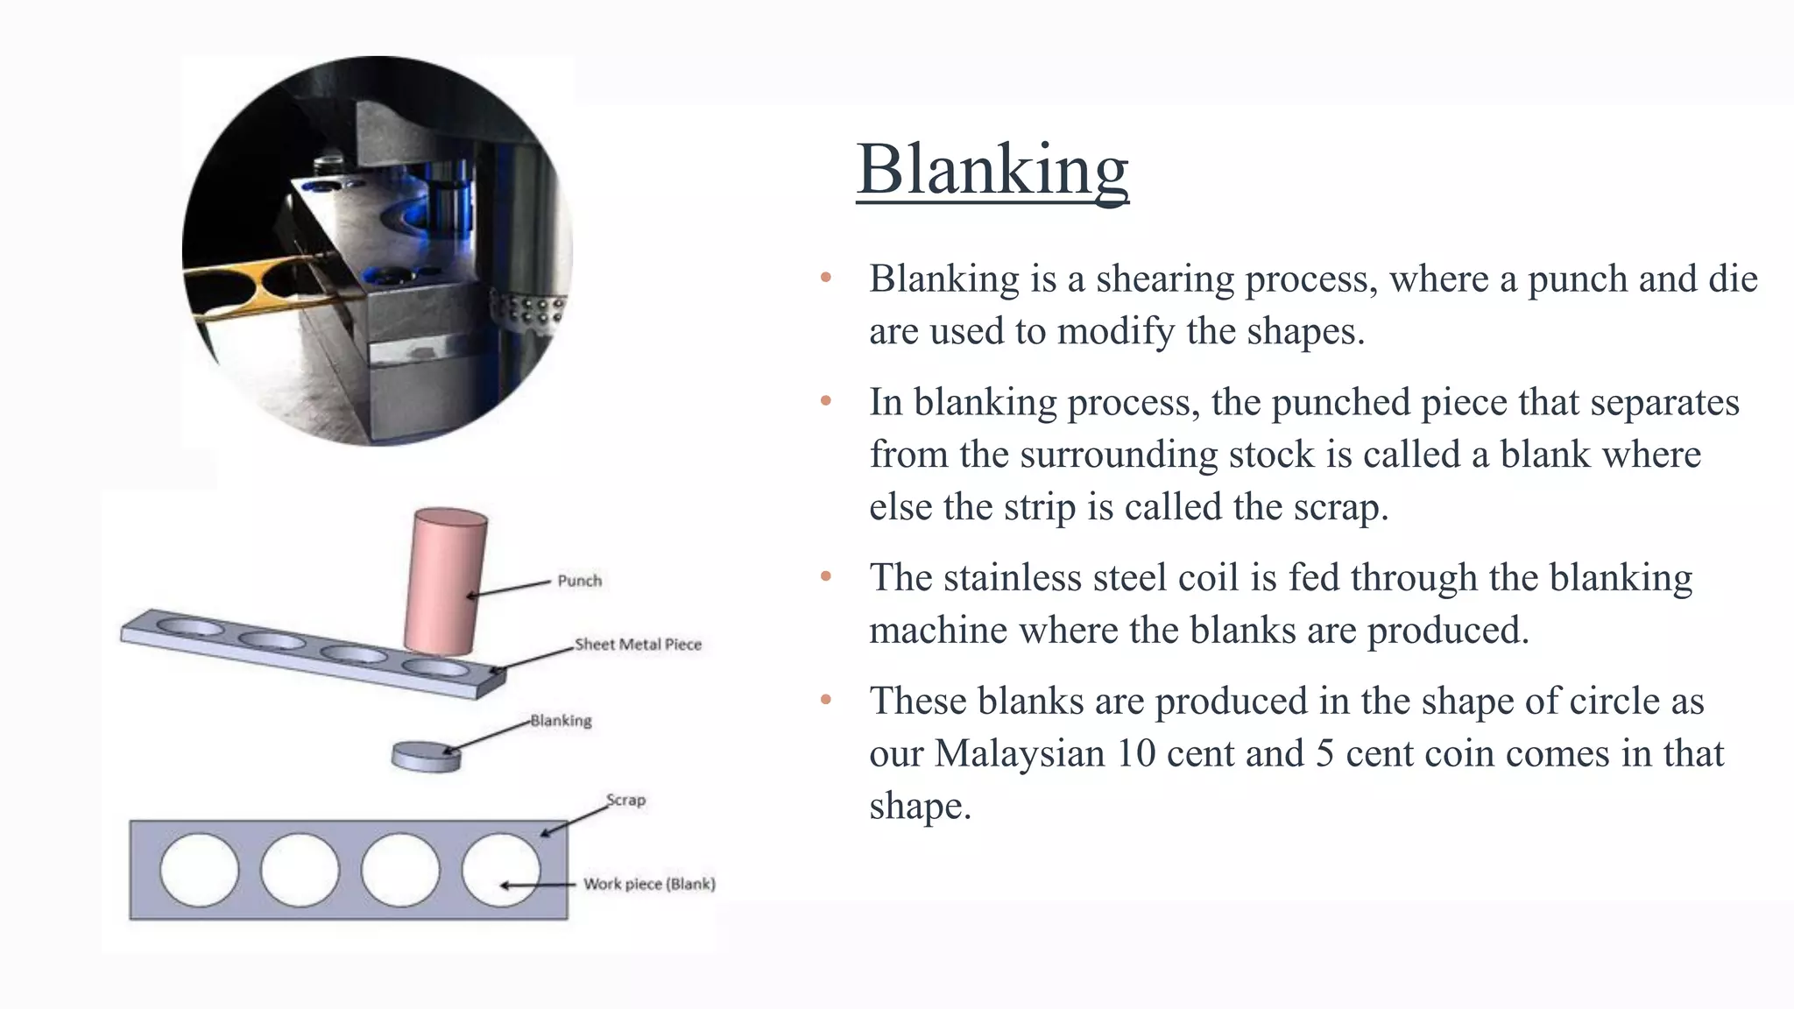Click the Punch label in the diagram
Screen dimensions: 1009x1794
(x=579, y=581)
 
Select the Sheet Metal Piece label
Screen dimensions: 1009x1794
(x=638, y=645)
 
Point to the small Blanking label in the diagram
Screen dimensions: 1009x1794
(x=561, y=721)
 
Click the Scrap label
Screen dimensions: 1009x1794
(x=625, y=800)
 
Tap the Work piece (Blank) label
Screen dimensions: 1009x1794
(x=649, y=884)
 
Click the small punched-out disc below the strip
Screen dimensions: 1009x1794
(x=427, y=757)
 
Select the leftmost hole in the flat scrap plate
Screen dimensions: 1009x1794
(x=200, y=869)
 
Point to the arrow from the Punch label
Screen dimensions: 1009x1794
(x=508, y=589)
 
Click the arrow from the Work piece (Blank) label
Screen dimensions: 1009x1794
(x=536, y=886)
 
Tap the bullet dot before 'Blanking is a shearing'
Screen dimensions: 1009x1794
(x=825, y=279)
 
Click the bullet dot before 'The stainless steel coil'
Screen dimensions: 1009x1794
(x=825, y=577)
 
